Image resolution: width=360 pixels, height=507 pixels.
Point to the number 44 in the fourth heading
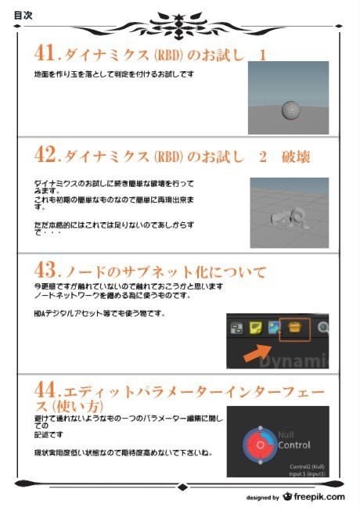(x=46, y=390)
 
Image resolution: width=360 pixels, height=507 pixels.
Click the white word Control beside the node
(x=294, y=445)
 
